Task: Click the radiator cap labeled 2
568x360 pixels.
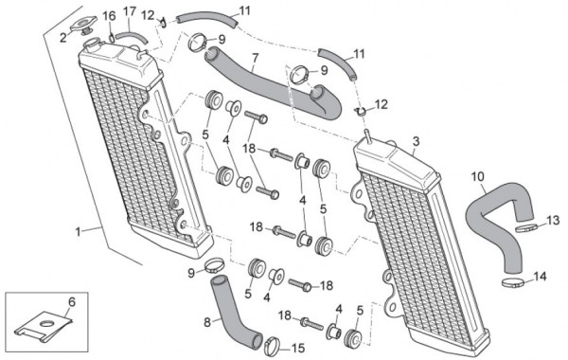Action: point(83,25)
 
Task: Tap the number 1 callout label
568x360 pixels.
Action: point(79,231)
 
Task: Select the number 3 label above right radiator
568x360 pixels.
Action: point(416,141)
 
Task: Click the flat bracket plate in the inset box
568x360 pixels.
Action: point(43,325)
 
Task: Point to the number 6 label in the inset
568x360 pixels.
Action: point(72,301)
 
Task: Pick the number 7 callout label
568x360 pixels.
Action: point(255,58)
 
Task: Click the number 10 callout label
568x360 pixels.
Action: point(478,176)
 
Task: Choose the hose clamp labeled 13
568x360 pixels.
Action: point(525,228)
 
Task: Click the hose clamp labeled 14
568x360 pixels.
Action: point(513,282)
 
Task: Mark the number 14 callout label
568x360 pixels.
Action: point(540,277)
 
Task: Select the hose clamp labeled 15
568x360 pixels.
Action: point(273,346)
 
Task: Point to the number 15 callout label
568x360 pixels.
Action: point(298,349)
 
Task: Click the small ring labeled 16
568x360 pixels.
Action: point(113,37)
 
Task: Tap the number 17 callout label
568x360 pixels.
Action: point(130,11)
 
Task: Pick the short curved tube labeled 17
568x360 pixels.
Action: point(132,37)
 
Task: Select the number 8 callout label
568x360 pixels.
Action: point(207,322)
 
